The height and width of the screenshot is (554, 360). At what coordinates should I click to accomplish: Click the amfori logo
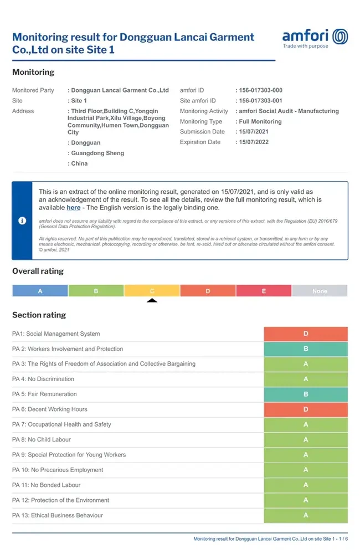coord(315,38)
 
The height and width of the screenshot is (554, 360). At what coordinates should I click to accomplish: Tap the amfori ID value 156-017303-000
coord(260,90)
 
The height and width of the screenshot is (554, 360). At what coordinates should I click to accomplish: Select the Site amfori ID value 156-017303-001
coord(260,101)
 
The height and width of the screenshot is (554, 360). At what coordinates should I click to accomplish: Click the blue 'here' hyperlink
coord(74,208)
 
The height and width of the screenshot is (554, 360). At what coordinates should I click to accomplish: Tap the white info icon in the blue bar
coord(22,220)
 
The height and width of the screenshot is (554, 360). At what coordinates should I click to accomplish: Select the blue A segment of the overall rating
coord(40,291)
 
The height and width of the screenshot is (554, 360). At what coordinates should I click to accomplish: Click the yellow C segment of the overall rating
coord(152,291)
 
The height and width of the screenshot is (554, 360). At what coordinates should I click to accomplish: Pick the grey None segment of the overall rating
coord(320,291)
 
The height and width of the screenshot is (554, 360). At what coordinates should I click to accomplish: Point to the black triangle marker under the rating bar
coord(152,301)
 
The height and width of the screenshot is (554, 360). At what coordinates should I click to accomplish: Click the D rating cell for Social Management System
coord(306,334)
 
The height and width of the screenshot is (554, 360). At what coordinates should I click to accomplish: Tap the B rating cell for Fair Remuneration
coord(306,394)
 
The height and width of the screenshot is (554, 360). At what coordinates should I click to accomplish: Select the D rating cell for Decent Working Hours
coord(306,409)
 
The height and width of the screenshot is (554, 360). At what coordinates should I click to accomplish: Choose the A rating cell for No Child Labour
coord(306,440)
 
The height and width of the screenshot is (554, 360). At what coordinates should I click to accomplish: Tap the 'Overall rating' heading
coord(38,271)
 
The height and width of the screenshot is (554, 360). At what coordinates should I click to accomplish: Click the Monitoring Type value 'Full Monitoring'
coord(260,122)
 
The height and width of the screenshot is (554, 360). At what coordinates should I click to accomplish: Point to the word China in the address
coord(79,164)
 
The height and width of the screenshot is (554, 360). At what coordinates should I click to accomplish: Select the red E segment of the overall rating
coord(264,291)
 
